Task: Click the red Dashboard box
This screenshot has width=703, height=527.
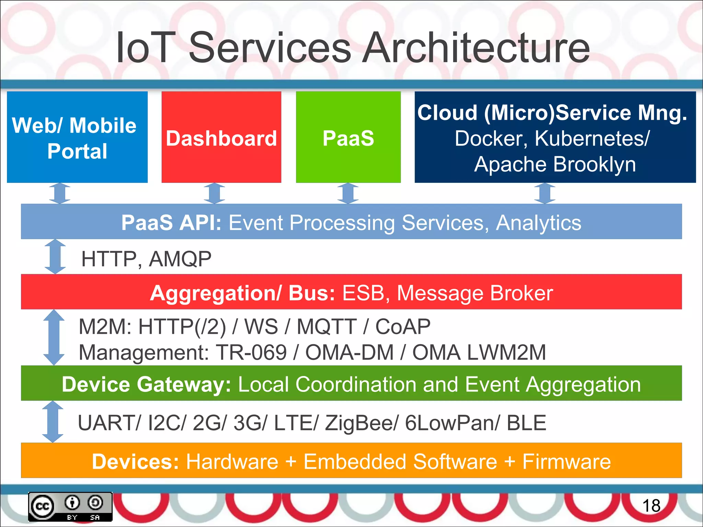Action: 221,137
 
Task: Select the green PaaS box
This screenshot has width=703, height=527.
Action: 348,137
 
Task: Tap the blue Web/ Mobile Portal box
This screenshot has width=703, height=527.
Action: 77,137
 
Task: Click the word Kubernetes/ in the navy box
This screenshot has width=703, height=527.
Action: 592,139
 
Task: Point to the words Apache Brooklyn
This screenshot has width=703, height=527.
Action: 555,164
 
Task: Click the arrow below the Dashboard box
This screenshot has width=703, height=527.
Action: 214,193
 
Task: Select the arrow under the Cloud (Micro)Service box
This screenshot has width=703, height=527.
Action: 545,193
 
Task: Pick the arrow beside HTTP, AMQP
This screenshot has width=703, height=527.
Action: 55,257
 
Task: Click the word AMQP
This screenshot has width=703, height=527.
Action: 180,259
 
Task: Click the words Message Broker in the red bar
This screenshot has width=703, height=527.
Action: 475,293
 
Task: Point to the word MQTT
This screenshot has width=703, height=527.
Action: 326,326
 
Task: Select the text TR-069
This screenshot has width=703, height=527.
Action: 251,352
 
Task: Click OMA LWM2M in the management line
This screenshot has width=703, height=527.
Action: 479,352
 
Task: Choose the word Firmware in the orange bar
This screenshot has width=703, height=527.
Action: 566,461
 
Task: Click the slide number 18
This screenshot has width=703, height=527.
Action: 651,506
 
